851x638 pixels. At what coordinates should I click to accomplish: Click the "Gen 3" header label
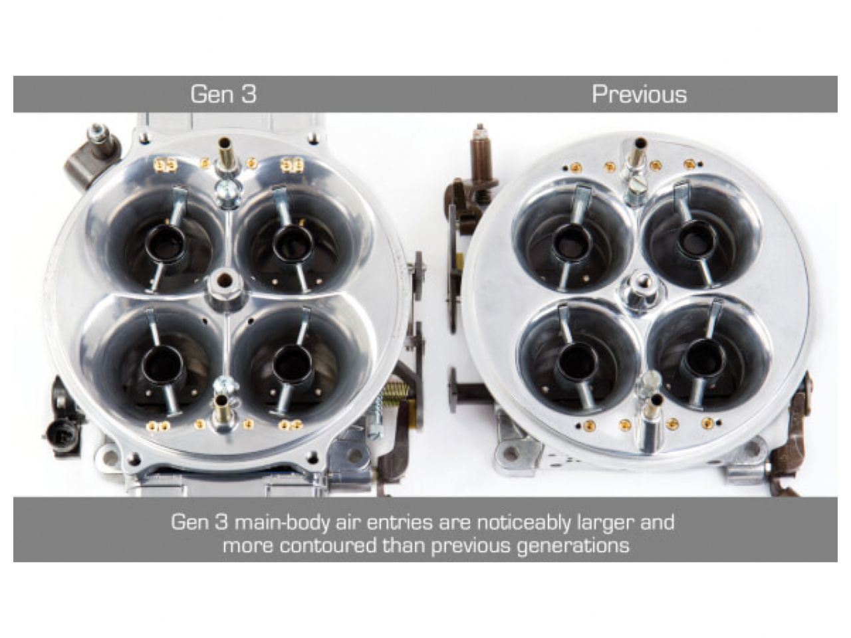(223, 94)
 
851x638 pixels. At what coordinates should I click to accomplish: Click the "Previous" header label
(640, 94)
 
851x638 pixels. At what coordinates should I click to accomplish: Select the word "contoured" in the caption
(327, 546)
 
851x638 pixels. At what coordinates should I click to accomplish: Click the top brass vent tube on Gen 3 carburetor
(225, 154)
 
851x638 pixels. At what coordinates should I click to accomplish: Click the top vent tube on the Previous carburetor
(637, 155)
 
